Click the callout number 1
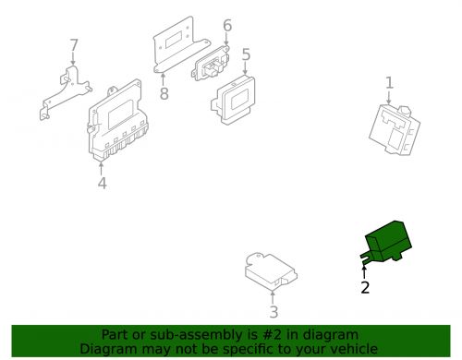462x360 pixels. [x=389, y=83]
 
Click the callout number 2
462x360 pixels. [x=365, y=288]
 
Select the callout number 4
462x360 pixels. [x=102, y=183]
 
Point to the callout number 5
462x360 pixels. [x=246, y=54]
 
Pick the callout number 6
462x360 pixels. [x=226, y=26]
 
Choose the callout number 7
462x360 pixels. [x=74, y=44]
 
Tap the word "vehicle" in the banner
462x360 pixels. [x=350, y=349]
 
